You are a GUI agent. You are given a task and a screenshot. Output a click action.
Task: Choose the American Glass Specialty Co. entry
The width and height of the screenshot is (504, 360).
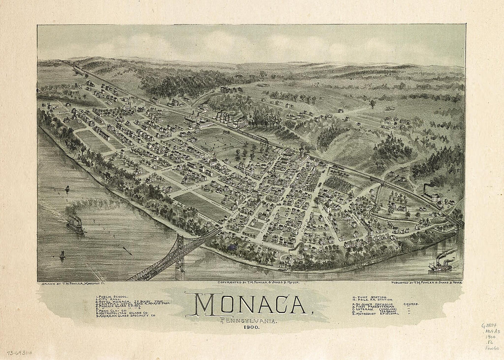tap(126, 316)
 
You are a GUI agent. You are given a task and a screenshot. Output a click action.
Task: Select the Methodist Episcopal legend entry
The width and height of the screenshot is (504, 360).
tap(373, 314)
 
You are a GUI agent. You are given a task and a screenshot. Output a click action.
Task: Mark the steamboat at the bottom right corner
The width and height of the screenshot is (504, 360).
tap(440, 265)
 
